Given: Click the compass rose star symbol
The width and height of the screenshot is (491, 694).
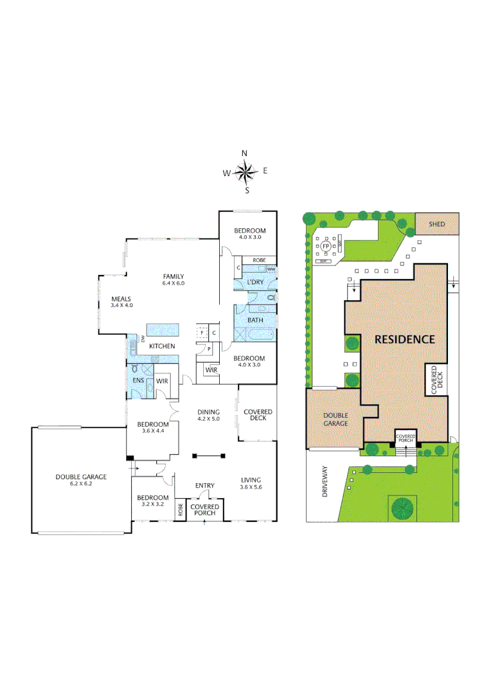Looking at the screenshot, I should tap(244, 172).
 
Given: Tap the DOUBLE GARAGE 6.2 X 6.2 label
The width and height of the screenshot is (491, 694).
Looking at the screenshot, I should tap(81, 480).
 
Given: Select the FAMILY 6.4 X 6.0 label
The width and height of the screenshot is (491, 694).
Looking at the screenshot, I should tap(173, 280).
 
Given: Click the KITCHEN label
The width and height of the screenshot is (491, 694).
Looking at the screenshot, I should tap(162, 346).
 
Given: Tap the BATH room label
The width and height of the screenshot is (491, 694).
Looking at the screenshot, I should tap(255, 319).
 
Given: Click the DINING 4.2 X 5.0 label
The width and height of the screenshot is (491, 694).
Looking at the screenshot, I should tap(209, 416).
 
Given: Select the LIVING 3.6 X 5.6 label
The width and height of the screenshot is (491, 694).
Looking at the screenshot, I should tap(251, 483).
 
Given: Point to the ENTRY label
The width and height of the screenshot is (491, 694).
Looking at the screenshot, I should tap(204, 486).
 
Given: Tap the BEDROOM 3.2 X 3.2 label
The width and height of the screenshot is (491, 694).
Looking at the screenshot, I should tap(153, 501).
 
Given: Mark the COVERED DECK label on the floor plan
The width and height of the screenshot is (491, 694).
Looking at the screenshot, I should tap(258, 414).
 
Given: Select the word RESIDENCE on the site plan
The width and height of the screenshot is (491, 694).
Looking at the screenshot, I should tap(405, 339).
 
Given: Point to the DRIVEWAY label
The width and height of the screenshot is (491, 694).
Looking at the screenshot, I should tap(325, 481).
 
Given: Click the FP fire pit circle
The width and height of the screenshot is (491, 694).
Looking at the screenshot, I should tap(326, 246).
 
